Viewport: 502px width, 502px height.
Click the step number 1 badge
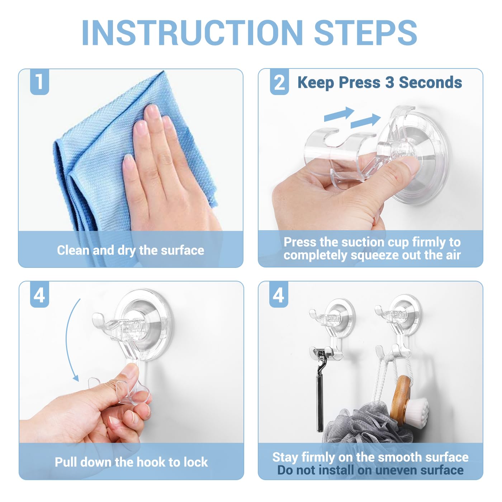pyautogui.click(x=39, y=82)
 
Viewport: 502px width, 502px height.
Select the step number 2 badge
pyautogui.click(x=279, y=83)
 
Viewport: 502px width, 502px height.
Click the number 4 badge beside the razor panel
pyautogui.click(x=279, y=295)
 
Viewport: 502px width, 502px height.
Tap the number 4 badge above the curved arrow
pyautogui.click(x=39, y=295)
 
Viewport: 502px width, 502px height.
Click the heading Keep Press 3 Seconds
pyautogui.click(x=379, y=82)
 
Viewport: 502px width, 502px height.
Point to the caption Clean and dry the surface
pyautogui.click(x=131, y=250)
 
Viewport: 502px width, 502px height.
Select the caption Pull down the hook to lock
pyautogui.click(x=131, y=462)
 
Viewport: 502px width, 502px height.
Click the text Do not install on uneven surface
pyautogui.click(x=370, y=470)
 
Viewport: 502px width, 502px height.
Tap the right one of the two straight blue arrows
pyautogui.click(x=365, y=120)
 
